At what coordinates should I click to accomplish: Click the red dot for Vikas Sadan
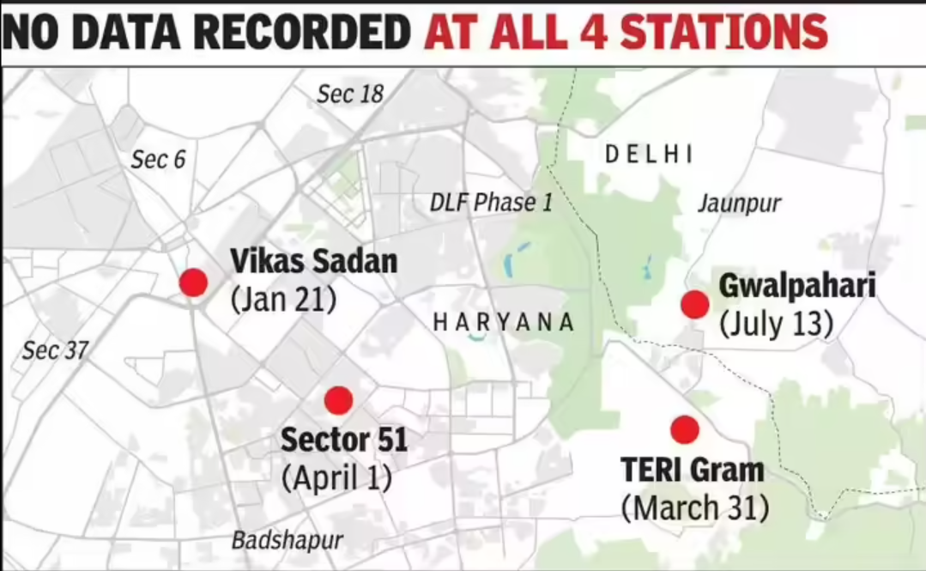[x=193, y=282]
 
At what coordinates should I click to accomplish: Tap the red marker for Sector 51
[x=339, y=400]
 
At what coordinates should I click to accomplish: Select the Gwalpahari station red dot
[x=694, y=304]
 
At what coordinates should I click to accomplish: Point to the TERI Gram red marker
[x=685, y=429]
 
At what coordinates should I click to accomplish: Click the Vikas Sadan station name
[x=314, y=261]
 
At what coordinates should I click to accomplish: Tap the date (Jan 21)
[x=283, y=301]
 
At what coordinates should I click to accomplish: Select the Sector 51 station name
[x=344, y=440]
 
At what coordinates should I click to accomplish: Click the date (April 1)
[x=336, y=478]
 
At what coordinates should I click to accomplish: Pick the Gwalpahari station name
[x=797, y=285]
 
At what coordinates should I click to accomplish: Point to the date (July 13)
[x=777, y=324]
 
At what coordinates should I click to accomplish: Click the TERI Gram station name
[x=692, y=470]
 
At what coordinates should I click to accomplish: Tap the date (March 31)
[x=695, y=507]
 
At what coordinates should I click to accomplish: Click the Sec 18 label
[x=350, y=94]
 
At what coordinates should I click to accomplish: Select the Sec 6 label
[x=158, y=159]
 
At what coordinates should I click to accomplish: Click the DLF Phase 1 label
[x=491, y=203]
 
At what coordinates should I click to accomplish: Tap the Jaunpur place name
[x=739, y=203]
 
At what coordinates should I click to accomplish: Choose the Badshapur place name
[x=287, y=541]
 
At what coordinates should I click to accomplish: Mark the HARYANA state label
[x=503, y=323]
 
